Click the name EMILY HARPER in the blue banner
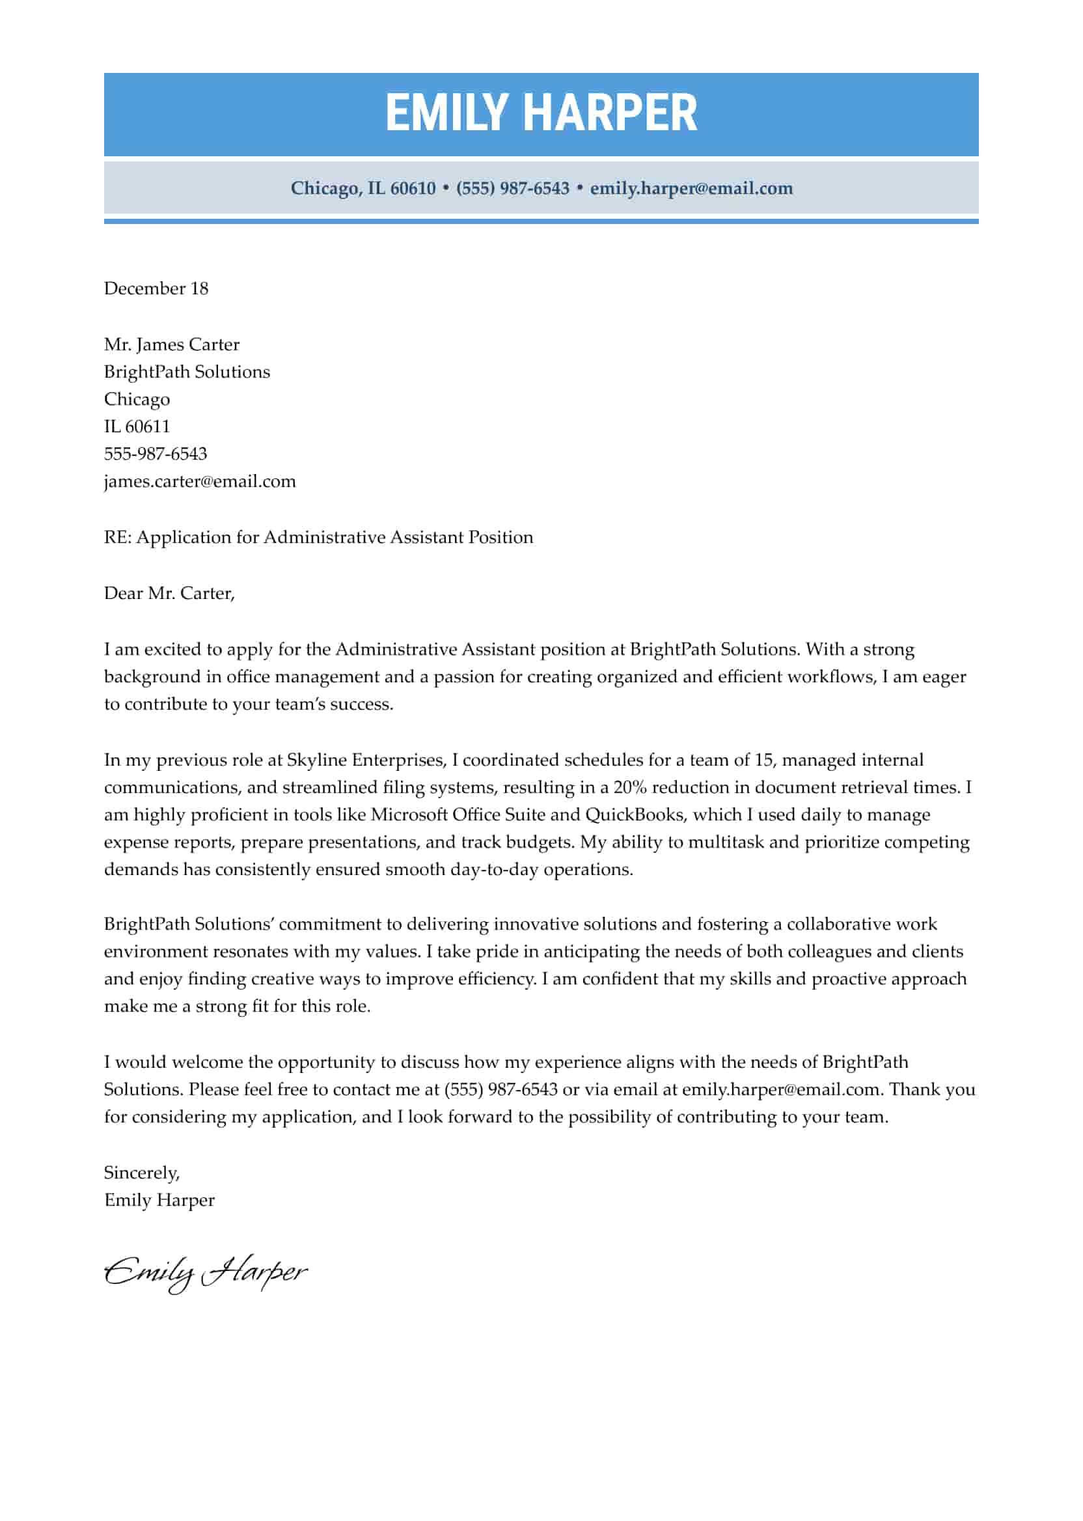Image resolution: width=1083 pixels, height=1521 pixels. [541, 113]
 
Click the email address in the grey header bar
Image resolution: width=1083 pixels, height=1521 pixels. [691, 189]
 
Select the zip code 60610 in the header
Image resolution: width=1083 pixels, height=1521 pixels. [413, 189]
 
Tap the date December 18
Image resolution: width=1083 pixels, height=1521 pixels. [156, 289]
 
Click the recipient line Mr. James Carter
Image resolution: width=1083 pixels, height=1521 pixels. [171, 345]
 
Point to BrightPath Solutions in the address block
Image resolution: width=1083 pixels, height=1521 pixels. [187, 372]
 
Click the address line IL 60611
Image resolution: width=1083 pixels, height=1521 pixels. [137, 427]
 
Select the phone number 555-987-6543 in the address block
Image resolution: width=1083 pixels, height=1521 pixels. [156, 454]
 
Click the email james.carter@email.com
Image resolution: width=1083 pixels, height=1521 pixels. [199, 482]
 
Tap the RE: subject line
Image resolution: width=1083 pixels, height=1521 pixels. [318, 538]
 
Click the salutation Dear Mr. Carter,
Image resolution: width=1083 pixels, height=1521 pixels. [169, 594]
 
